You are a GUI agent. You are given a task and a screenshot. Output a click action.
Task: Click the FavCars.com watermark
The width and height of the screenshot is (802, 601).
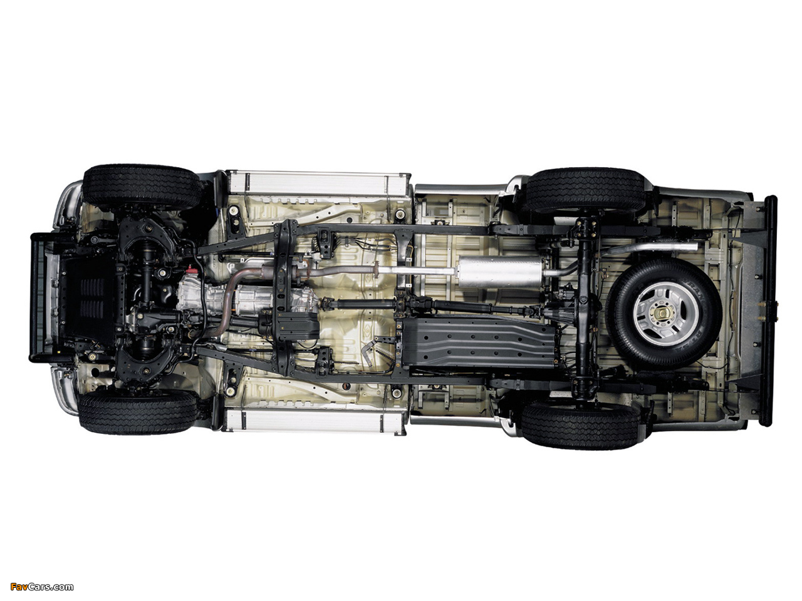click(42, 587)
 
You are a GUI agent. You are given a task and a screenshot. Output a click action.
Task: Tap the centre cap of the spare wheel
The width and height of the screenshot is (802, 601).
click(662, 312)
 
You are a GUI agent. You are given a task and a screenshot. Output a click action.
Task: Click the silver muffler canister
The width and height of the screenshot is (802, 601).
click(499, 272)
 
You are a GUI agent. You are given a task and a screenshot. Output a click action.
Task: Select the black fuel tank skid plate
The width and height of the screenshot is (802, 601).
click(478, 341)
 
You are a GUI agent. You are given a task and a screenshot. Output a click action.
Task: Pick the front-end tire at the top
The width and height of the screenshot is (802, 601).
click(142, 187)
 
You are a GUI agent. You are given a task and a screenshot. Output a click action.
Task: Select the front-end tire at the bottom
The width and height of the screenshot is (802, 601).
click(138, 411)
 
